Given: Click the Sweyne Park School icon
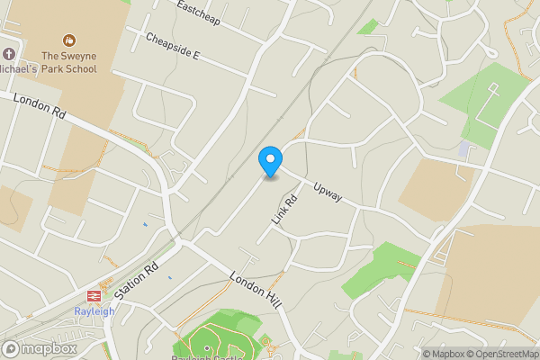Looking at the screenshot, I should click(68, 40).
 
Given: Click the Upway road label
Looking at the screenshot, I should click(328, 191).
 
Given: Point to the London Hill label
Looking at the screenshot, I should click(256, 291).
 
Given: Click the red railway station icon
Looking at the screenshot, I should click(93, 295).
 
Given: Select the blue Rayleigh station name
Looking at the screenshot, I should click(93, 311).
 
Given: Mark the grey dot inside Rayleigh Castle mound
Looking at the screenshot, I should click(206, 346).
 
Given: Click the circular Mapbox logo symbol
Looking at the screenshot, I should click(12, 348).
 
